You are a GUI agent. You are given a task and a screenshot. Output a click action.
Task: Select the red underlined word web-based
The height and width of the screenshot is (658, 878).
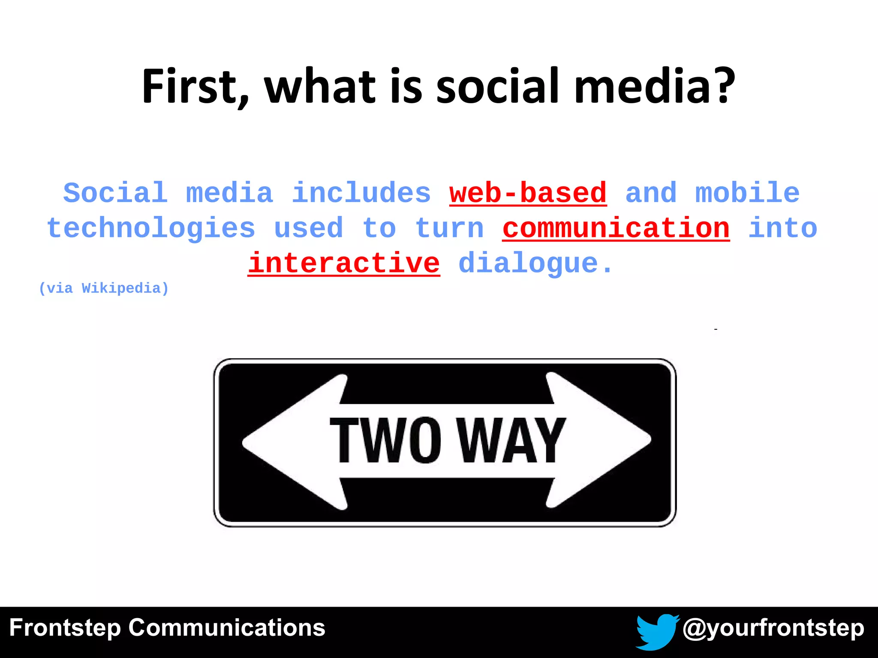click(528, 193)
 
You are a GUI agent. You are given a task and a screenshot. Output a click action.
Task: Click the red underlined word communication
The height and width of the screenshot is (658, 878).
click(616, 228)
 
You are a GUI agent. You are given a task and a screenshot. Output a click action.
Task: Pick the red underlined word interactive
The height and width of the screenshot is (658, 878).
click(344, 263)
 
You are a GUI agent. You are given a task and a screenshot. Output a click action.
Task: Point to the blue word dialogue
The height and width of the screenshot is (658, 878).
click(528, 263)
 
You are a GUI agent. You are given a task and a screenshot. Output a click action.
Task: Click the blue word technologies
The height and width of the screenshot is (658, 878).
click(151, 228)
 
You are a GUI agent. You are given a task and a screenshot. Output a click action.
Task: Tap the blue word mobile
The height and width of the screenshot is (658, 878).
click(747, 193)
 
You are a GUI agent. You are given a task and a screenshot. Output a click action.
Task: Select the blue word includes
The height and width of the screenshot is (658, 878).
click(361, 193)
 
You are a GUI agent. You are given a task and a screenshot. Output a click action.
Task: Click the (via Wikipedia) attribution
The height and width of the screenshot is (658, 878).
click(104, 288)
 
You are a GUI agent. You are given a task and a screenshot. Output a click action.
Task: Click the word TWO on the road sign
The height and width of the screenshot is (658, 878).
click(385, 441)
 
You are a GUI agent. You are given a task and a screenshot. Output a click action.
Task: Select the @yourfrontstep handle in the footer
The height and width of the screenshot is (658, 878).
click(773, 628)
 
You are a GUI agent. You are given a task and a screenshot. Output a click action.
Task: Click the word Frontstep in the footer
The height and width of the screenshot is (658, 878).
click(65, 628)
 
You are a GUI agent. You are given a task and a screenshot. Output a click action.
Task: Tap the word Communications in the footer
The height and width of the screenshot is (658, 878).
click(227, 628)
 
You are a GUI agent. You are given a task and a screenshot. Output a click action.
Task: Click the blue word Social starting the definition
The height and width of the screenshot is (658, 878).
click(115, 193)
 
